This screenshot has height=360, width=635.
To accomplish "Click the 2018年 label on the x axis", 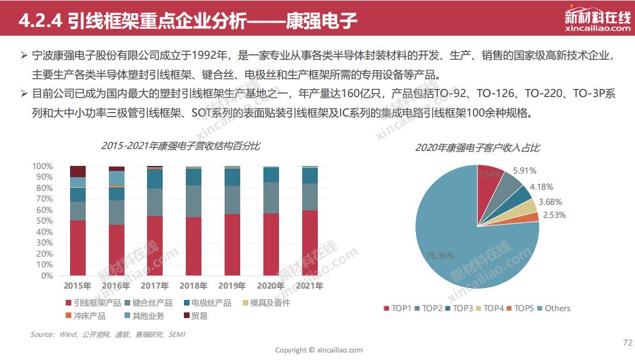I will pos(193,286).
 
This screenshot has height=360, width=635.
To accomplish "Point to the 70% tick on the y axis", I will pos(42,199).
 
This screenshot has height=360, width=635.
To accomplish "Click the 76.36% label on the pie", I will pos(441,255).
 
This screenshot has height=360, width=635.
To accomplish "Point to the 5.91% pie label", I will pos(524,170).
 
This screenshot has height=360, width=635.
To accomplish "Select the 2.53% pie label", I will pos(554,215).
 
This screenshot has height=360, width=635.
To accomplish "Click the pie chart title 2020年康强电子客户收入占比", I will pos(477,148).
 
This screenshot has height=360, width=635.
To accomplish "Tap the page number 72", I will pos(627,342).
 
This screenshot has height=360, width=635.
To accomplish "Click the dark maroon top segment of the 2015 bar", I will pos(78,171).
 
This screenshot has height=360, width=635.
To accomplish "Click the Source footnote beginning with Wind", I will pos(108,335).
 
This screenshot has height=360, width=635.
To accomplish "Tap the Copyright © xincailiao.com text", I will pos(319,350).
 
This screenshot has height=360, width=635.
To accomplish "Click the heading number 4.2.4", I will pos(39,23).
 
